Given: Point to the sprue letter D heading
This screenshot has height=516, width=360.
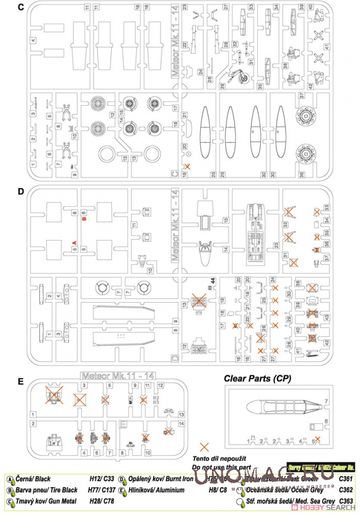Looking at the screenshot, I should [20, 192].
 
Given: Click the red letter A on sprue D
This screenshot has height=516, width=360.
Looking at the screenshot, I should [74, 243].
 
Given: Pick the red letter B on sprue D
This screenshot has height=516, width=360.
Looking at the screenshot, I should [84, 220].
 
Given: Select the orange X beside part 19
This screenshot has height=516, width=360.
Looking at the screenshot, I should [188, 166].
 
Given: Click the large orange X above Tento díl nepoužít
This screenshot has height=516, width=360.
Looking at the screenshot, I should [204, 446].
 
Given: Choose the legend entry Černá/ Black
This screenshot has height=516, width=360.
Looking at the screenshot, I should [35, 479].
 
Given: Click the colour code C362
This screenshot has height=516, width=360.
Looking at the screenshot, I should [346, 490].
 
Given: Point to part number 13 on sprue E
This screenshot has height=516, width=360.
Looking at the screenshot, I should [182, 414].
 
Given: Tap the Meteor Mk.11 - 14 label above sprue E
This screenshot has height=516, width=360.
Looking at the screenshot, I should [112, 375].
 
